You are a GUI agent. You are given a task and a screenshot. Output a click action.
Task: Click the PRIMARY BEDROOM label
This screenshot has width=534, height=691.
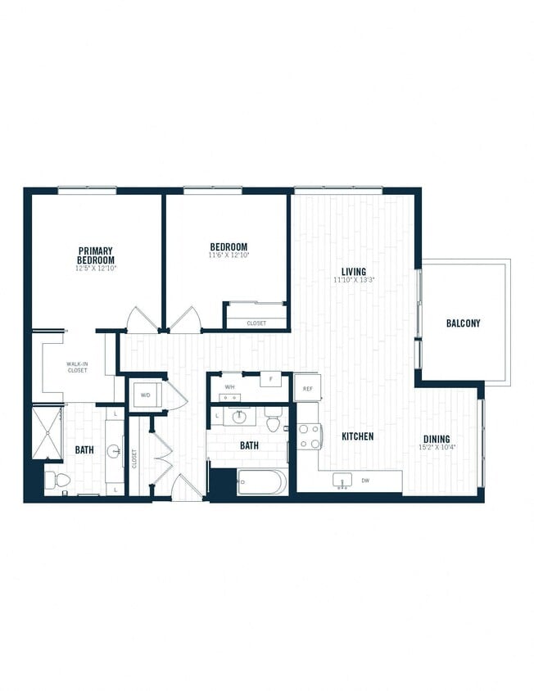[96, 255]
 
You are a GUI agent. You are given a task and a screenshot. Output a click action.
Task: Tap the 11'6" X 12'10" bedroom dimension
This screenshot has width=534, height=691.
[229, 255]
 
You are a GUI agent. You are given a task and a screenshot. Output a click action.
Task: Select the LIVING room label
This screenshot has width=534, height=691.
[354, 272]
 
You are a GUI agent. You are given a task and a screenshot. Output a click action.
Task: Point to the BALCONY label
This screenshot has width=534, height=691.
[463, 323]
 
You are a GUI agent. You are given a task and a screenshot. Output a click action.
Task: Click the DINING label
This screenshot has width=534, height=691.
[436, 439]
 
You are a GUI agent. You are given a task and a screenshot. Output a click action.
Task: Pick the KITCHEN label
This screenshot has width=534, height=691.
[357, 436]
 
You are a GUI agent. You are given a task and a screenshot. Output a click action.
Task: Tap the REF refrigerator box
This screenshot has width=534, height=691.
[307, 388]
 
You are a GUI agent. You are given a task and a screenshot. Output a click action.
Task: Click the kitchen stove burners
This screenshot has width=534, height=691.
[309, 437]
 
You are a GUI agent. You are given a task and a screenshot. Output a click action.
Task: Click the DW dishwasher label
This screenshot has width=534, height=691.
[364, 481]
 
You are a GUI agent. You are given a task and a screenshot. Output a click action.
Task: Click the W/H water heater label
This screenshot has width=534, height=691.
[230, 386]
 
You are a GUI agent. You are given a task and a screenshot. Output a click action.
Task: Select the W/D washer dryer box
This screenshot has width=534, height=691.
[146, 395]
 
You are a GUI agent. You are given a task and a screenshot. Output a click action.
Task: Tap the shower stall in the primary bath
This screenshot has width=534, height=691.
[47, 432]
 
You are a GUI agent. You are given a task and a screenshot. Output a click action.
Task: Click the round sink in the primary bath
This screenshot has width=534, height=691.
[113, 451]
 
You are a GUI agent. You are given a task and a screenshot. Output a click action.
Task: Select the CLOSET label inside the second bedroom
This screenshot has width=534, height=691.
[256, 323]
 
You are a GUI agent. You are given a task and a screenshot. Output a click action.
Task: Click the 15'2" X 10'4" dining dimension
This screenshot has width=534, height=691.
[436, 448]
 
